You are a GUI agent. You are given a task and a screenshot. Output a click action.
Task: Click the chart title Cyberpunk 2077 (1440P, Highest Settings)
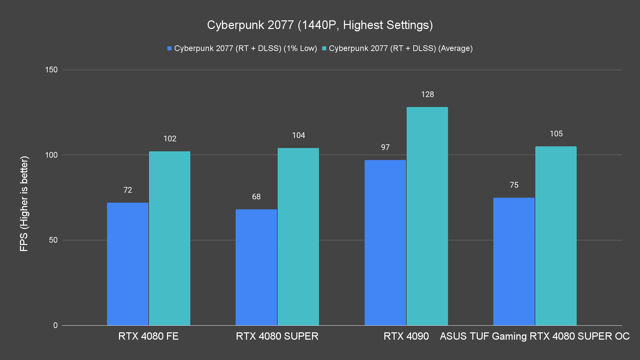320,25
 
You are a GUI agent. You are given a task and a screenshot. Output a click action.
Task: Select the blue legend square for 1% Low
169,49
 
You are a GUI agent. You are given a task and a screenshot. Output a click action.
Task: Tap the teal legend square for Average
324,49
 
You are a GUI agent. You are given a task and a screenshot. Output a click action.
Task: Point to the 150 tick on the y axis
51,70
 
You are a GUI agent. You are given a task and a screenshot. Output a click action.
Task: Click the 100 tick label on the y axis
51,155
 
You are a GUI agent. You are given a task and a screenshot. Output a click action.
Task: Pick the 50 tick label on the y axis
53,240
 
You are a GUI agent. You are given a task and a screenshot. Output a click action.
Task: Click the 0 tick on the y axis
55,325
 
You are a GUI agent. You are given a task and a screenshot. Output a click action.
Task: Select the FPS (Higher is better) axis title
24,203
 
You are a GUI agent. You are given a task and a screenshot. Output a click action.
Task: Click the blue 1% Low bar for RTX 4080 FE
128,264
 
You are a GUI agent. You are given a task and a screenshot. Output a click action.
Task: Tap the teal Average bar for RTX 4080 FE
170,238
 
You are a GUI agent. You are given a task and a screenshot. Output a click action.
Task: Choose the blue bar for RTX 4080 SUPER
256,267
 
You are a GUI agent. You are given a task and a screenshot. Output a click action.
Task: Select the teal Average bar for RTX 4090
427,216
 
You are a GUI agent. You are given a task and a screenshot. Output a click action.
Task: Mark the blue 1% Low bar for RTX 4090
385,242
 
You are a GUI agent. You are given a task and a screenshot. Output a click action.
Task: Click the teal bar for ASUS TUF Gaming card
556,236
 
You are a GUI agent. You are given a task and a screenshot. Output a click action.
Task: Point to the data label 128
427,95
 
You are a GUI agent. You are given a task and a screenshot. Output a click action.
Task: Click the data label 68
256,197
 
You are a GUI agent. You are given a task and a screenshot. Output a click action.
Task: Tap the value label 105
556,134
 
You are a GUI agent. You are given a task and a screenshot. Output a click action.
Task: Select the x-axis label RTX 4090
406,336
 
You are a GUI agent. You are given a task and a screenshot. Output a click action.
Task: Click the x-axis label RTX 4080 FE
148,336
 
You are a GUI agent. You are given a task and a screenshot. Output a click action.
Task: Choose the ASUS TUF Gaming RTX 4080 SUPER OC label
535,336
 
